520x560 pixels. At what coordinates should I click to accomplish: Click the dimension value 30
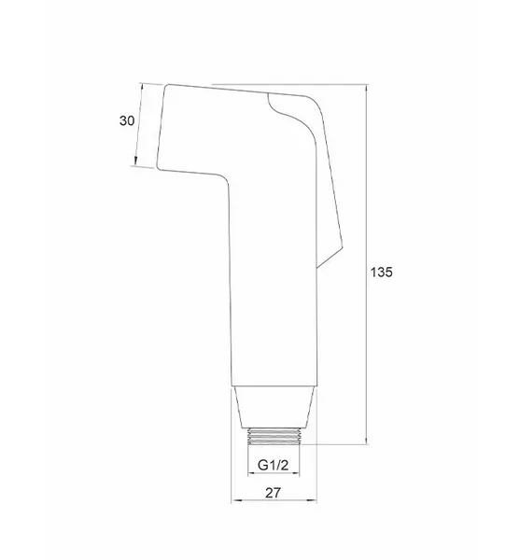(x=127, y=120)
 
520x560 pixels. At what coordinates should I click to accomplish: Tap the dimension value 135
(x=381, y=273)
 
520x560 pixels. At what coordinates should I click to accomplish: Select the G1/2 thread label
(x=273, y=465)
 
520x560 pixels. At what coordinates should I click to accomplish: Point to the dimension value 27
(x=274, y=493)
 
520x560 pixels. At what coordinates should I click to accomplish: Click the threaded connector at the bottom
(x=274, y=436)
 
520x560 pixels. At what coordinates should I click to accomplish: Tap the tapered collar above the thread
(x=274, y=407)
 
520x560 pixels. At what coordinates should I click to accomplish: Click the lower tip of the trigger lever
(x=317, y=267)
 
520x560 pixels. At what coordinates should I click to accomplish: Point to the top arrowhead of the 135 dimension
(x=367, y=88)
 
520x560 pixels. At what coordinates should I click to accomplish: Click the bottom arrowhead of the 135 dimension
(x=367, y=441)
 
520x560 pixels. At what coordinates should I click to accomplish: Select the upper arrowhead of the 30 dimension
(x=141, y=87)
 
